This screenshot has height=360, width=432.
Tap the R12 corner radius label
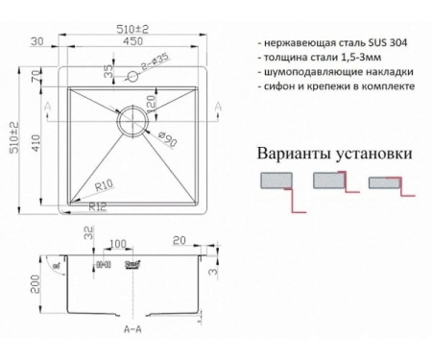(x=96, y=206)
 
